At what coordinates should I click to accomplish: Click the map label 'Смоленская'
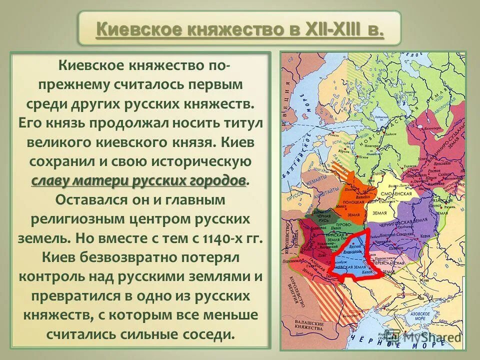pos(398,193)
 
